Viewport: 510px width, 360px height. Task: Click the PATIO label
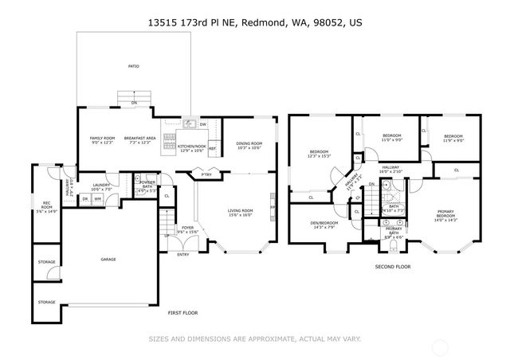coord(134,66)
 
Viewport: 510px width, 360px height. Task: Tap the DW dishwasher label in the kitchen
coord(203,124)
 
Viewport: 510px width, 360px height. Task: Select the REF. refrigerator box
coord(213,148)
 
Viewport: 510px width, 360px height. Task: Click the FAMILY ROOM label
coord(101,138)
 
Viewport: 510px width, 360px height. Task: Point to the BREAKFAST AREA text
coord(139,138)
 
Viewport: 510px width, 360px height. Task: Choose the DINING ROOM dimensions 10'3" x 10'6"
coord(249,148)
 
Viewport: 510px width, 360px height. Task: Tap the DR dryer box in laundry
coord(85,198)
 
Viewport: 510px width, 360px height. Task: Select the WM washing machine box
coord(99,198)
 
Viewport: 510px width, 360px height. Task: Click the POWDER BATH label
coord(147,184)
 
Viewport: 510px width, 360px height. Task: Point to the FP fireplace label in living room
coord(273,208)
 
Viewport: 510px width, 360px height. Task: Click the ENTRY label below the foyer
coord(183,254)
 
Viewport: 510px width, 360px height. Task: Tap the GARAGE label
coord(108,259)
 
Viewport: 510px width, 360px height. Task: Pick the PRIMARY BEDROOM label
coord(445,213)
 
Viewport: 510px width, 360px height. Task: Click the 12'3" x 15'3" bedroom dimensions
coord(319,156)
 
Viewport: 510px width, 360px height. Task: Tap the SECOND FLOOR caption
coord(393,267)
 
